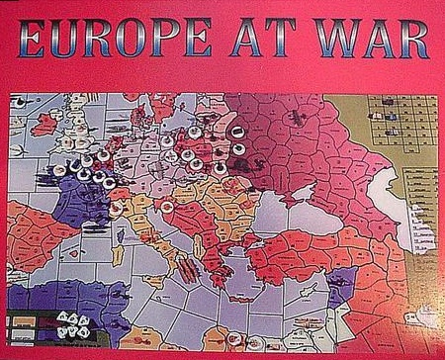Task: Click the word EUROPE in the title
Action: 113,42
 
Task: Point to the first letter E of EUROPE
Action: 32,42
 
